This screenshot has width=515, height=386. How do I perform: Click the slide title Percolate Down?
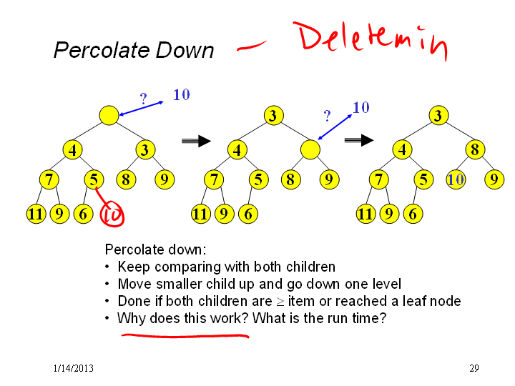pos(134,50)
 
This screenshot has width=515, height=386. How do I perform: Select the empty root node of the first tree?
pos(109,115)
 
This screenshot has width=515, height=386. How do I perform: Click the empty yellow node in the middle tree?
pos(310,149)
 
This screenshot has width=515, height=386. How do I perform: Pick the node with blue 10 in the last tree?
pos(456,179)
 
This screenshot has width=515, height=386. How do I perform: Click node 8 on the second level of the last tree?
pos(475,149)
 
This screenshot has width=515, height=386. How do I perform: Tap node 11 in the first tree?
pos(36,214)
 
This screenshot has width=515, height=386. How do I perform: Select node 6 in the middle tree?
pos(248,214)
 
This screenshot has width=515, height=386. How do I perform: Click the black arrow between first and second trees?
pos(196,141)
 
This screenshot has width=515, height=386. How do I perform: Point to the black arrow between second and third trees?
pos(359,140)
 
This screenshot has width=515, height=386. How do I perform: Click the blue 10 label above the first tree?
pos(181,95)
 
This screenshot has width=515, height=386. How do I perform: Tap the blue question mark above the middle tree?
pos(327,116)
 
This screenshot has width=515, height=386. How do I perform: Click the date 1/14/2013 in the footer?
pos(73,368)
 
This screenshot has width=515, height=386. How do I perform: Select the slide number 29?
pos(474,368)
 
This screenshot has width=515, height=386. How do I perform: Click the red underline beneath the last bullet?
pos(185,335)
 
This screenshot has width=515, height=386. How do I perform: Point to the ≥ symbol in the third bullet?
pos(280,302)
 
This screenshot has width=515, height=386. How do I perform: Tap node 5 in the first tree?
pos(94,179)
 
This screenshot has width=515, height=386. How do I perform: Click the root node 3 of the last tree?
pos(438,115)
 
